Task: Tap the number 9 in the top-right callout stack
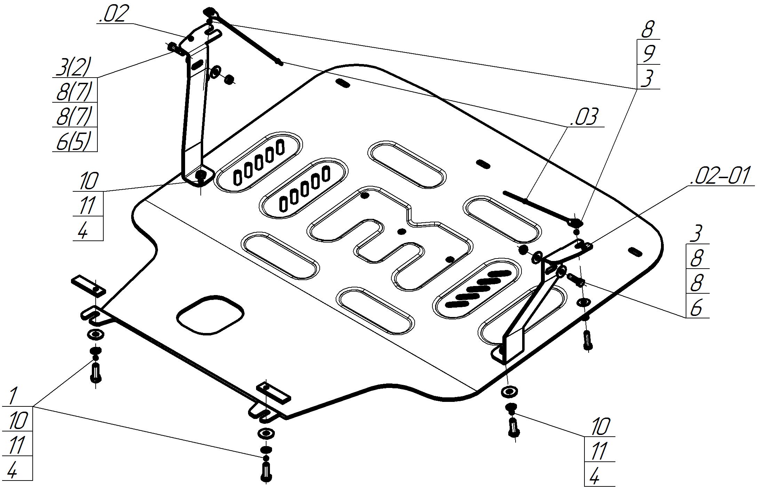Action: click(648, 53)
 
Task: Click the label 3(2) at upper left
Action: click(73, 67)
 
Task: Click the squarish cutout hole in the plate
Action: click(210, 315)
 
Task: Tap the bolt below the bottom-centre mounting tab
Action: click(266, 472)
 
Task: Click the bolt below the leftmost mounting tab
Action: click(96, 372)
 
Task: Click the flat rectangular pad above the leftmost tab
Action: click(89, 285)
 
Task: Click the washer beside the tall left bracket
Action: click(215, 72)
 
